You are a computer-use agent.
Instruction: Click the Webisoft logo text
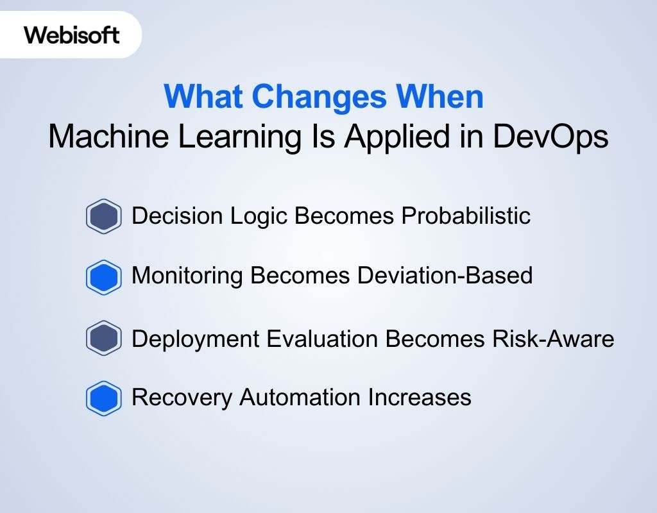pos(72,35)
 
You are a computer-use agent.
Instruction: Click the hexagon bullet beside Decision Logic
pos(103,216)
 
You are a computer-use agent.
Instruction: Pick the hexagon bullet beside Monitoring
pos(103,277)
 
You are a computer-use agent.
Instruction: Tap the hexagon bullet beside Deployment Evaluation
pos(103,338)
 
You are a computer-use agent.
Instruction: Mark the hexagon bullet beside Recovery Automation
pos(103,398)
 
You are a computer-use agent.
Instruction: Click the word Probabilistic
pos(466,216)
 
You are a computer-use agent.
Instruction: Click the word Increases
pos(420,398)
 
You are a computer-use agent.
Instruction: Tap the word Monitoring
pos(187,276)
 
